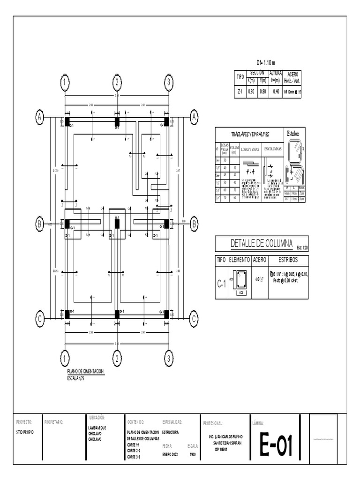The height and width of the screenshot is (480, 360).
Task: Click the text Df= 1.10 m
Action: pyautogui.click(x=266, y=63)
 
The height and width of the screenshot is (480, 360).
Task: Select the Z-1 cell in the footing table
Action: pyautogui.click(x=240, y=92)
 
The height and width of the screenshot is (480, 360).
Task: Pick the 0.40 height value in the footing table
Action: pyautogui.click(x=276, y=92)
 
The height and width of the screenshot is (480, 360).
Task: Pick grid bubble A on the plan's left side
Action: pyautogui.click(x=40, y=117)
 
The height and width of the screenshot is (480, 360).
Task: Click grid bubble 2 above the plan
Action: pyautogui.click(x=117, y=82)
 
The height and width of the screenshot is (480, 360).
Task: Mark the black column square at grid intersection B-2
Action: pyautogui.click(x=117, y=224)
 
